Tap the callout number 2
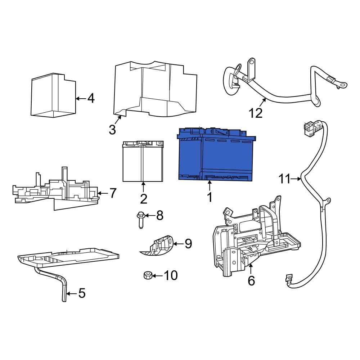(x=143, y=198)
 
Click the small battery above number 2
(x=143, y=162)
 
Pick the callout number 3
(x=113, y=129)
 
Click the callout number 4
(x=91, y=98)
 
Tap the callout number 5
(x=82, y=294)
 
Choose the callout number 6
(x=251, y=280)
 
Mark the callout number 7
(x=113, y=193)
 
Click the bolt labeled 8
(x=140, y=220)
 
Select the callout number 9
(x=188, y=244)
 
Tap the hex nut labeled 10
(x=147, y=276)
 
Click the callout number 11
(x=284, y=179)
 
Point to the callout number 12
(x=256, y=113)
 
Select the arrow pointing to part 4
(x=80, y=98)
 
